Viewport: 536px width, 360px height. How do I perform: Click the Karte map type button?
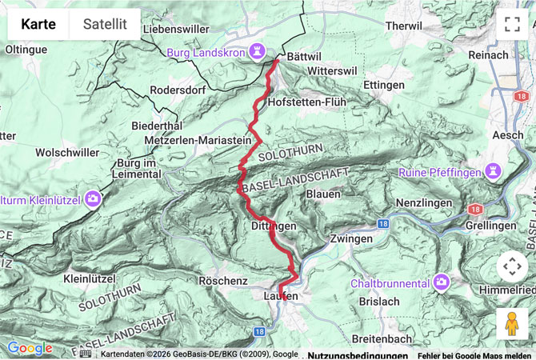[x=38, y=24]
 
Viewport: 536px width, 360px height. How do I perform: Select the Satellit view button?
[x=105, y=24]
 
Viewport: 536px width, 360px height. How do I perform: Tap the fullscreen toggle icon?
[x=512, y=24]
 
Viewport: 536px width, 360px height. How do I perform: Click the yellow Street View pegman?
[x=512, y=324]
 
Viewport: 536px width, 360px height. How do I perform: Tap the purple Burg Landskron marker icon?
[x=257, y=51]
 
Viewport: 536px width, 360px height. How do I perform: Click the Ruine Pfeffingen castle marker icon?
[x=494, y=172]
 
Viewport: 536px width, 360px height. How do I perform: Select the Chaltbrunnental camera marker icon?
[x=441, y=282]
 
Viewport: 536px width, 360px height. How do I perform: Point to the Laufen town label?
[x=281, y=297]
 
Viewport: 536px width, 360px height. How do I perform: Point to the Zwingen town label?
[x=351, y=238]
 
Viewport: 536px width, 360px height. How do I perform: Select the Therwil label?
[x=402, y=26]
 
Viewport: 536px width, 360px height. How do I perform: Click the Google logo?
[x=30, y=348]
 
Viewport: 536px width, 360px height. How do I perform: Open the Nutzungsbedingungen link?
[x=357, y=354]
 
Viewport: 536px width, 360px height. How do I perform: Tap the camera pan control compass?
[x=512, y=266]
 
